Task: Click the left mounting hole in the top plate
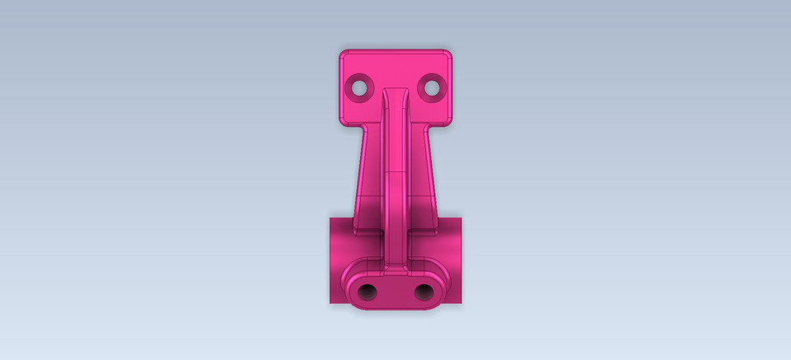(x=360, y=86)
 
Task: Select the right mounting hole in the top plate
(x=430, y=86)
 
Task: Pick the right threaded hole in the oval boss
(x=423, y=291)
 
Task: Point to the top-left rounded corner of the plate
(x=344, y=54)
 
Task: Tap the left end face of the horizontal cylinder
(x=332, y=260)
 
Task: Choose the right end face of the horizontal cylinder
(x=459, y=260)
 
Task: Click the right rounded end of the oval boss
(x=443, y=287)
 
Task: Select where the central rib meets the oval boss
(x=395, y=269)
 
